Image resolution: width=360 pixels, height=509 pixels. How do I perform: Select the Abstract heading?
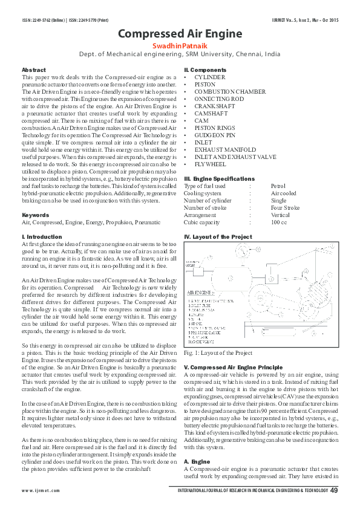coord(33,71)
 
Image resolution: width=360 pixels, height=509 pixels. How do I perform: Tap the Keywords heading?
coord(35,215)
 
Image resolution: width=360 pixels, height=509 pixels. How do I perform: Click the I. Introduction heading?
coord(42,236)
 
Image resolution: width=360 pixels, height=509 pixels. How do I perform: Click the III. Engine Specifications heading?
coord(219,179)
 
